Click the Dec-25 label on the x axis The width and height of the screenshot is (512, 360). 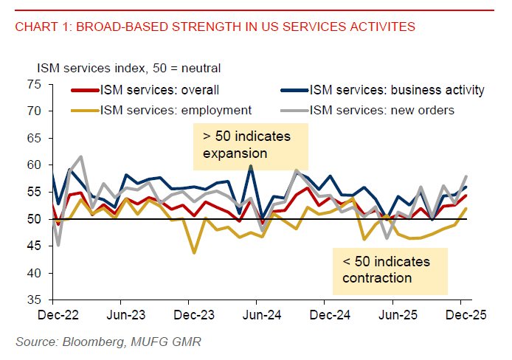coord(461,315)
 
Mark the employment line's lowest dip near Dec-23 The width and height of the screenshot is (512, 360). coord(195,253)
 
